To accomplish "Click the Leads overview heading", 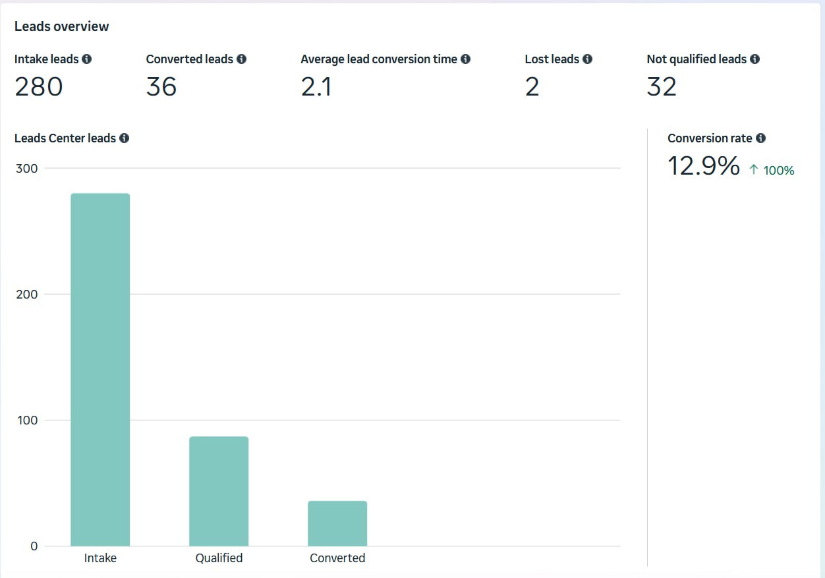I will (x=61, y=26).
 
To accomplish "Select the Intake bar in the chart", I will (x=100, y=369).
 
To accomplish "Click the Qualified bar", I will (x=219, y=491).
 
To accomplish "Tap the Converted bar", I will (x=337, y=523).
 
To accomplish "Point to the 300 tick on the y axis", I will (x=26, y=168).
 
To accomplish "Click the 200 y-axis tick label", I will (x=26, y=294).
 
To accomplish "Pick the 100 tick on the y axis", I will (x=26, y=420).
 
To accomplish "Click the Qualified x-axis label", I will (x=219, y=558).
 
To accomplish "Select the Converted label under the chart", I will (x=337, y=558).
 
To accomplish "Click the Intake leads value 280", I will (x=38, y=87).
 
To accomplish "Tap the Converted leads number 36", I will (x=161, y=87).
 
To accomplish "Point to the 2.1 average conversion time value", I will (x=316, y=87).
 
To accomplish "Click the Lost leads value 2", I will (x=532, y=87).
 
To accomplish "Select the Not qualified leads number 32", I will (x=662, y=87).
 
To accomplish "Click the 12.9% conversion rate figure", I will (x=703, y=166).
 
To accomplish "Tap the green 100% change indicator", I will (x=772, y=171).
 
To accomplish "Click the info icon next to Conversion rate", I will (x=761, y=138).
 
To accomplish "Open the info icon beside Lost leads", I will (x=587, y=59).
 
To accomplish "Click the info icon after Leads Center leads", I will (x=125, y=138).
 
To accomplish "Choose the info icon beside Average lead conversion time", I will (x=466, y=59).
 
